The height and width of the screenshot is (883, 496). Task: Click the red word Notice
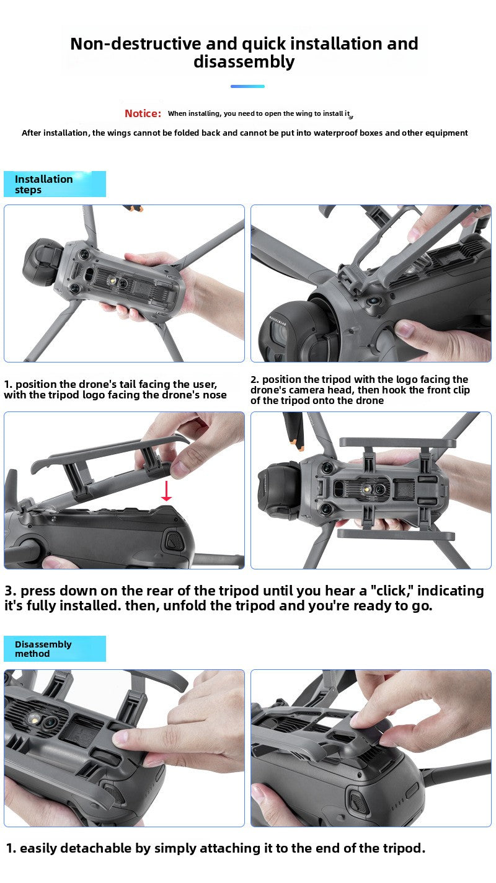[x=143, y=113]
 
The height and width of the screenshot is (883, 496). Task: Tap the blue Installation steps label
[x=55, y=184]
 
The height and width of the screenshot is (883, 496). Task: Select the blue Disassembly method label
[x=55, y=648]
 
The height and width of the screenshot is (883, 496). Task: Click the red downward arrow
[x=167, y=491]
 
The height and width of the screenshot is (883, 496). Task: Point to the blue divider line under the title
[x=247, y=86]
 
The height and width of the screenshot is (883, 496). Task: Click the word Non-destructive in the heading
[x=136, y=44]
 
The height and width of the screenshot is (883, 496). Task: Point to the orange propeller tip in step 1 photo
[x=133, y=208]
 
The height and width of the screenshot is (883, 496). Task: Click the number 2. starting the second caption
[x=255, y=380]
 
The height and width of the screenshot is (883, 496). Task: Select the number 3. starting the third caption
[x=11, y=591]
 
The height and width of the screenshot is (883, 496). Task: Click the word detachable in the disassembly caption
[x=96, y=848]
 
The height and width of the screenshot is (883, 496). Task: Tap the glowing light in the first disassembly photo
[x=34, y=720]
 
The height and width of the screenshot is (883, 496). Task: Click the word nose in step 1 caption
[x=215, y=395]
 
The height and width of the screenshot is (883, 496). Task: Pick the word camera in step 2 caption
[x=306, y=390]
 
